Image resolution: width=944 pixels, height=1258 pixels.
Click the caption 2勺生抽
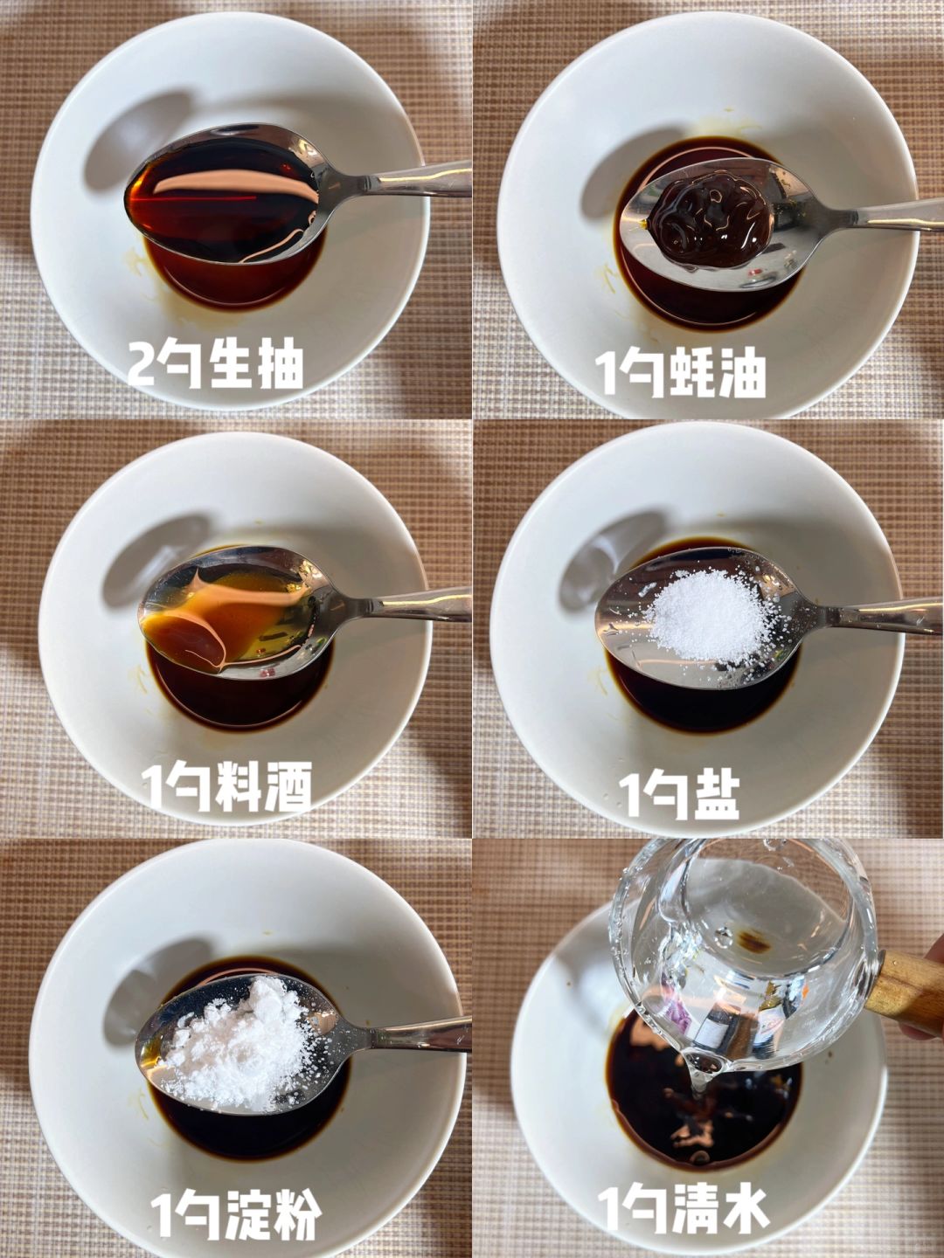pos(215,365)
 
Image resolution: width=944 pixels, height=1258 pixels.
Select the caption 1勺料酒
pos(226,786)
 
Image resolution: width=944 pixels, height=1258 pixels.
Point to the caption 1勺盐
pos(679,796)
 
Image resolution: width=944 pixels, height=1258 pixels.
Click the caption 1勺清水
pos(683,1210)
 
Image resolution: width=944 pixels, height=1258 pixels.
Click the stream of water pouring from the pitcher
pos(699,1083)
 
